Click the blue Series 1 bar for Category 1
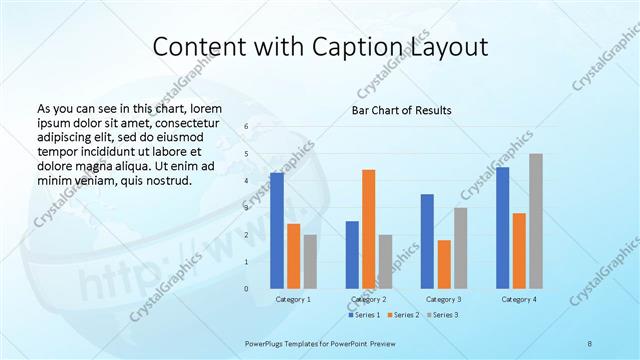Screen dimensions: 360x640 pos(277,231)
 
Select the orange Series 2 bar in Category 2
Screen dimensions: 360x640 pos(368,229)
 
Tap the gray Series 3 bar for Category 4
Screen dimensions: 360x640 pos(536,221)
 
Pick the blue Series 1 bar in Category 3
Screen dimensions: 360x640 pos(427,241)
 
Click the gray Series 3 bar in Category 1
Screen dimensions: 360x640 pos(310,262)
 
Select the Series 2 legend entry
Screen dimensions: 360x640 pos(405,315)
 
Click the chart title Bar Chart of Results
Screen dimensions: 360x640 pos(402,110)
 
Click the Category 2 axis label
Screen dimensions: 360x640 pos(368,299)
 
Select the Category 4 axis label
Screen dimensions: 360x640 pos(519,299)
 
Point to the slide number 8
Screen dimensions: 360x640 pos(590,342)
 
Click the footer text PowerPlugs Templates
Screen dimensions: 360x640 pos(289,342)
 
